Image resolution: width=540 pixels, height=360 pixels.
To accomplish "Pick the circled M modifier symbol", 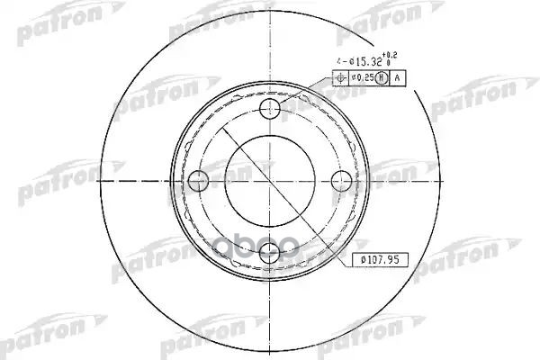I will [382, 78].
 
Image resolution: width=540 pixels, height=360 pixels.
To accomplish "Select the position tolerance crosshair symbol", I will [339, 78].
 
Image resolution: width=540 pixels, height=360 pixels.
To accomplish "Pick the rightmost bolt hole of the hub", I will [340, 182].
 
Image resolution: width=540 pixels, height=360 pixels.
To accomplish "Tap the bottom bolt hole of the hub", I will [268, 255].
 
